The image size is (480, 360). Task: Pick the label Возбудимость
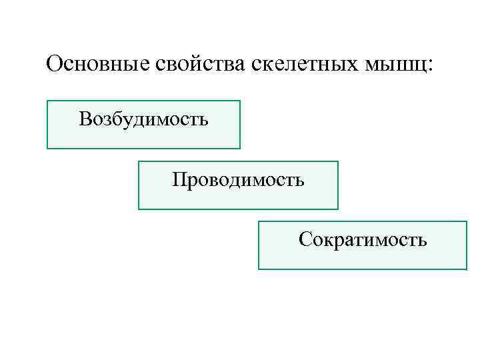click(143, 119)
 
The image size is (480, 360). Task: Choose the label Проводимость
click(238, 179)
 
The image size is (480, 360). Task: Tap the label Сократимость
click(363, 239)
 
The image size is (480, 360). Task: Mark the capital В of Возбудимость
click(84, 119)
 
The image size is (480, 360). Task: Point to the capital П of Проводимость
click(178, 179)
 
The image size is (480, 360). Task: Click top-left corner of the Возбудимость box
click(47, 101)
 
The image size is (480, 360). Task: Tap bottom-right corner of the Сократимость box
click(467, 269)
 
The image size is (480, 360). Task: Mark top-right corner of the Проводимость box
click(338, 161)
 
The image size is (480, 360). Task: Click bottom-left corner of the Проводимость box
click(139, 209)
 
